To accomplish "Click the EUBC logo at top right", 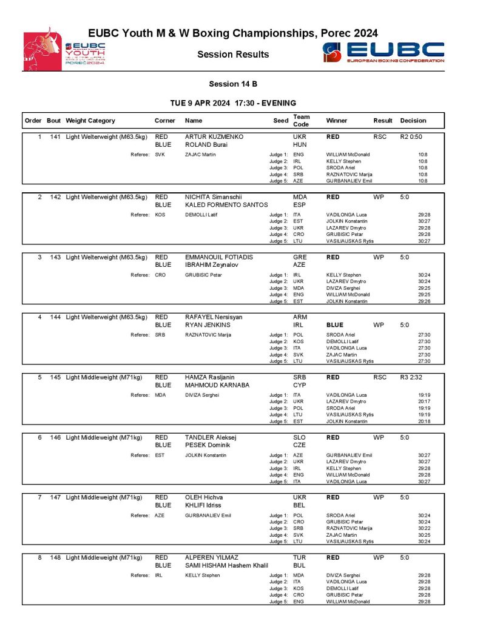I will point(383,53).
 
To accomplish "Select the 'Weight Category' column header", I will point(90,121).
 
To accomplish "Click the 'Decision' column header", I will point(413,121).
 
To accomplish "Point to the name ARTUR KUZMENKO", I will point(214,137).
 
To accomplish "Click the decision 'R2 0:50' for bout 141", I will point(411,137).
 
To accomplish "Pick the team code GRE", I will point(300,257).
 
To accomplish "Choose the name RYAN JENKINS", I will point(208,325).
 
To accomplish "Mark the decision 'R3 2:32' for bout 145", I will point(411,377).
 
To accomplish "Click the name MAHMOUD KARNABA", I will point(217,384).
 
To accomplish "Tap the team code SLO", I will point(300,437).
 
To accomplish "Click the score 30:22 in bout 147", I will point(424,528).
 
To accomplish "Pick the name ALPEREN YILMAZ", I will point(212,557).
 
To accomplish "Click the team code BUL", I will point(300,565).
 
